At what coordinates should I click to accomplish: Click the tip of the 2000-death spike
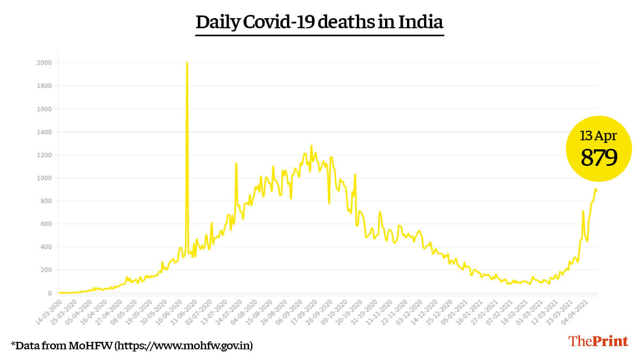(x=187, y=63)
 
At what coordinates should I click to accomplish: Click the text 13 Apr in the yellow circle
(x=598, y=136)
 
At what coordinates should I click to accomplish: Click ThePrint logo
(x=598, y=341)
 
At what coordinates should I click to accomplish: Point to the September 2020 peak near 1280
(x=311, y=146)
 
